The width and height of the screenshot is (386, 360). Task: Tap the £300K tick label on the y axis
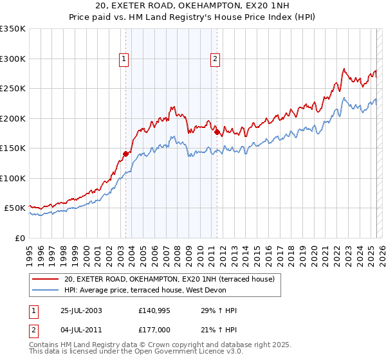point(13,59)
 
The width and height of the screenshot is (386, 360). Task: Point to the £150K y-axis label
point(13,148)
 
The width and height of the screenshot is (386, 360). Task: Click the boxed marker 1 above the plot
point(124,59)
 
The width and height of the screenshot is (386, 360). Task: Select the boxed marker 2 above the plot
point(214,59)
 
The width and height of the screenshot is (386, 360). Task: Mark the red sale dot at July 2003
point(126,154)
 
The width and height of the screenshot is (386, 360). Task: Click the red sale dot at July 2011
point(217,132)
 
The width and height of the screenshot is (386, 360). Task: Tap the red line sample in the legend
point(46,279)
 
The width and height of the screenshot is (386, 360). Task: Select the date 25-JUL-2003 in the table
point(79,310)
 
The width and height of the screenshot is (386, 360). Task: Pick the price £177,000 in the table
point(153,330)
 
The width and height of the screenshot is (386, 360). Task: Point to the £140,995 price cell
point(153,310)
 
